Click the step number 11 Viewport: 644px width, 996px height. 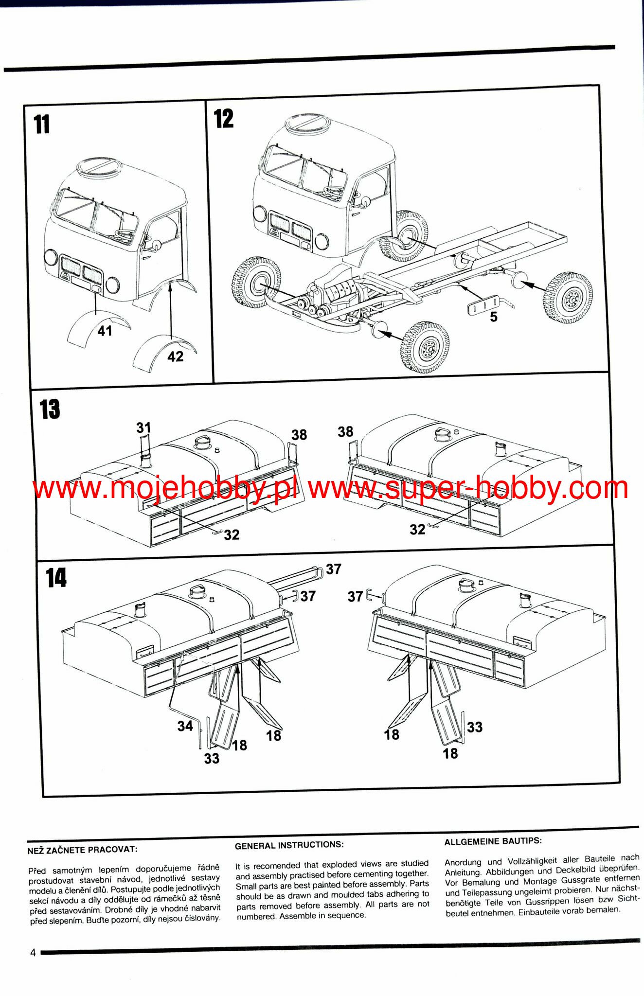[x=42, y=124]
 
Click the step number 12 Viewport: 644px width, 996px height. [x=224, y=119]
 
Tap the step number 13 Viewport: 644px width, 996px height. [x=50, y=409]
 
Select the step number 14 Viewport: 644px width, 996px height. [x=56, y=578]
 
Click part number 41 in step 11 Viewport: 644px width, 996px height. [x=105, y=331]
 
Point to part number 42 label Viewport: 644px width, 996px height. [x=176, y=356]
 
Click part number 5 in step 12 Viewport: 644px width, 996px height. [x=494, y=317]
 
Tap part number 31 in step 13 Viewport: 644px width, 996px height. [x=143, y=427]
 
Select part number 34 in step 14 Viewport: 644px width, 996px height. [x=185, y=726]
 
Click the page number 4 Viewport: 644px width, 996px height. [x=33, y=953]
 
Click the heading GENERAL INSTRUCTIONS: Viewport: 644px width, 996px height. [x=289, y=845]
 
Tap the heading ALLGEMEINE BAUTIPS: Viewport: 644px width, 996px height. [x=493, y=841]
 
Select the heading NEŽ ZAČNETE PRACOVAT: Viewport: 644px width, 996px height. [x=82, y=849]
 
